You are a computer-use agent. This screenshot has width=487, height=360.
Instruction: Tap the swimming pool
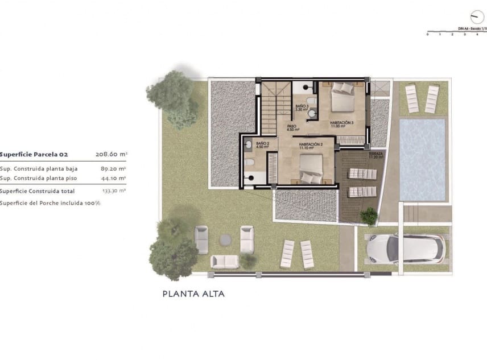(x=422, y=159)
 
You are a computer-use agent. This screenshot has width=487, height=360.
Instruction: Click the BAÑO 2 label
(x=262, y=145)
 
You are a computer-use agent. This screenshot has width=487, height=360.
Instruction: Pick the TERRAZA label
(x=375, y=155)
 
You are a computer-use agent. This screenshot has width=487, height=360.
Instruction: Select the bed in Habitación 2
(x=312, y=168)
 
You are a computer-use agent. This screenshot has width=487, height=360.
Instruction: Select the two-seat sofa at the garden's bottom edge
(x=225, y=261)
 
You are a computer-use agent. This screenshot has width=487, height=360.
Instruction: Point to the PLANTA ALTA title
(x=193, y=294)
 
